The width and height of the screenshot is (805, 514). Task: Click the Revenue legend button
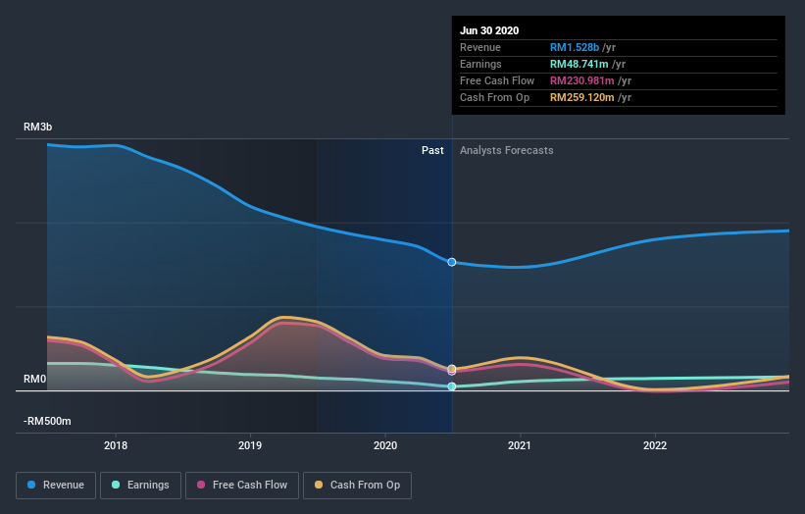click(57, 485)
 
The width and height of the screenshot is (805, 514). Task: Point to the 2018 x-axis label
click(116, 444)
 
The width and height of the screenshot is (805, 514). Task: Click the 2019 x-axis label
click(250, 444)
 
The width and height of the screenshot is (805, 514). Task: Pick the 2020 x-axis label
click(385, 444)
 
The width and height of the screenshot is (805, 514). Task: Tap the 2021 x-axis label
click(520, 444)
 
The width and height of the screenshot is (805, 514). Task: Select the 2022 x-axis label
click(654, 444)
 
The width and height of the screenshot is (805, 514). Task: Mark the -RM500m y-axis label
click(47, 421)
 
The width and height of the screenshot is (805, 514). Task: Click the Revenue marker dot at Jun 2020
click(452, 262)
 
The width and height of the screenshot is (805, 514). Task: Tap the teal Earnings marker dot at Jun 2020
click(452, 386)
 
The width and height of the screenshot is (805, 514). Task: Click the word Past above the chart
click(432, 151)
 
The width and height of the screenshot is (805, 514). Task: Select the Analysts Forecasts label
click(506, 151)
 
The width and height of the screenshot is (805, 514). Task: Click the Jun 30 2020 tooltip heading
click(489, 30)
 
